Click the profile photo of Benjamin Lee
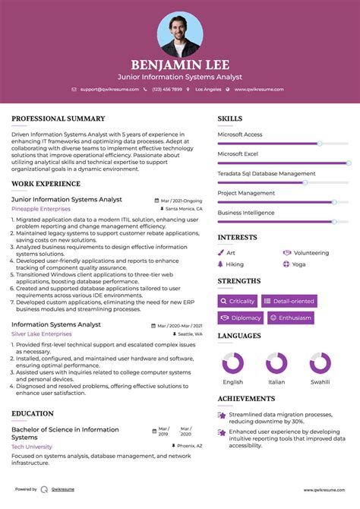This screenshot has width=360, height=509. (180, 33)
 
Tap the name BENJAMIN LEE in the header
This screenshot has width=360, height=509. (180, 65)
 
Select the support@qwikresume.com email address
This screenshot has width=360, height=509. (109, 89)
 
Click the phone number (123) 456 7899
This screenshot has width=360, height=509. (166, 89)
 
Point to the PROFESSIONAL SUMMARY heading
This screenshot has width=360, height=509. (58, 119)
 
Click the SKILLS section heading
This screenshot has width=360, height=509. (230, 119)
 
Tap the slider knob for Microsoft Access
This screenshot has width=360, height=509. (320, 143)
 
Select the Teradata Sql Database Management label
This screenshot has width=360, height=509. (266, 173)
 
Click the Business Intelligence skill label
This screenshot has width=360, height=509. (246, 213)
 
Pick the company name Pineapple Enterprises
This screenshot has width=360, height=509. (40, 208)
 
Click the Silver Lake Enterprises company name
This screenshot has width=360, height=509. (42, 334)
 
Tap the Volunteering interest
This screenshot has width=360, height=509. (311, 253)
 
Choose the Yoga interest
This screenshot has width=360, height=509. (298, 264)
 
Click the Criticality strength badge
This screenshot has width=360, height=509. (238, 301)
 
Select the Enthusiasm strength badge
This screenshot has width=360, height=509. (289, 318)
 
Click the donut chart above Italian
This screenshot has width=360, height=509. (276, 363)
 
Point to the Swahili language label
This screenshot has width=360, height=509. (320, 382)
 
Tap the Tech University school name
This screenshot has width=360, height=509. (32, 447)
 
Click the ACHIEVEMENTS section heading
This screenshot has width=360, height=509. (246, 398)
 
